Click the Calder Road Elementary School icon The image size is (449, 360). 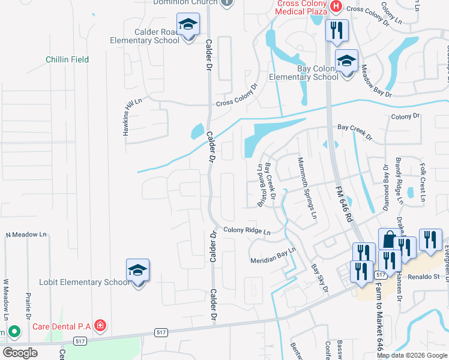[x=188, y=26]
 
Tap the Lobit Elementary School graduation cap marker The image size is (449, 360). [x=137, y=271]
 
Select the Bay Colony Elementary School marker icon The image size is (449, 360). [x=346, y=62]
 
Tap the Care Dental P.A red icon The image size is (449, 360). [x=101, y=326]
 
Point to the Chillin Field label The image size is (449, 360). [x=67, y=59]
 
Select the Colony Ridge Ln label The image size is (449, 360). [x=247, y=230]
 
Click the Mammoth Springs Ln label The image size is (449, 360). [x=306, y=188]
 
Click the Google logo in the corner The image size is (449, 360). [x=20, y=353]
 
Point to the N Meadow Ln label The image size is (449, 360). [x=26, y=234]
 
